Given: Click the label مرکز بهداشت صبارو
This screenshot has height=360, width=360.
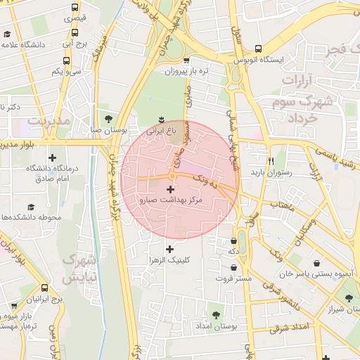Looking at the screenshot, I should click(x=171, y=201).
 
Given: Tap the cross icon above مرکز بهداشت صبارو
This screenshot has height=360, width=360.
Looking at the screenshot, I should click(x=170, y=189).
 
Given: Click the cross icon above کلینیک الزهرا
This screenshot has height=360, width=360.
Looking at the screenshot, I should click(x=169, y=249).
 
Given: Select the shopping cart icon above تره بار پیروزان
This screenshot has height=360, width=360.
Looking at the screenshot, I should click(x=186, y=60).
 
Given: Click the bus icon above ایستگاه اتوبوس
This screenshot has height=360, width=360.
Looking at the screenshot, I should click(x=259, y=49).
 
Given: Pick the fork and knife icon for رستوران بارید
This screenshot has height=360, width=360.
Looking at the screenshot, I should click(x=271, y=160).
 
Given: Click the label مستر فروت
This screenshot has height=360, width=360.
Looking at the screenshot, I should click(x=233, y=278).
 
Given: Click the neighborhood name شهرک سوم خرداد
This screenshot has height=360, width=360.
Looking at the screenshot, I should click(x=293, y=110).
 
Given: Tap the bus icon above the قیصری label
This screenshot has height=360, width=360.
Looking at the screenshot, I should click(x=75, y=7).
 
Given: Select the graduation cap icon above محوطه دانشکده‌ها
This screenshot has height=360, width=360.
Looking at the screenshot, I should click(x=31, y=207).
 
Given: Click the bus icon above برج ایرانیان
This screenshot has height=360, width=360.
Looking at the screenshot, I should click(x=45, y=288).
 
